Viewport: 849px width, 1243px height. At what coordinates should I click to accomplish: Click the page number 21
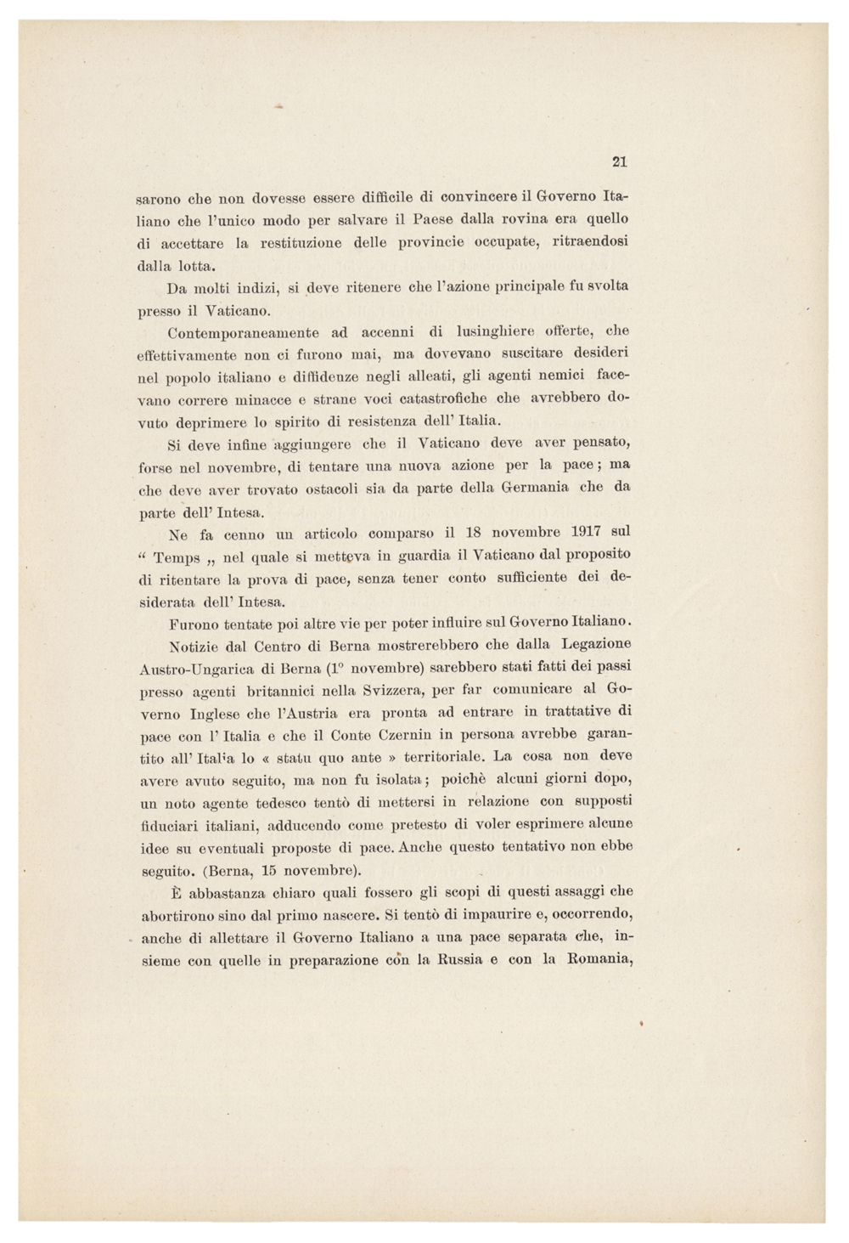(x=619, y=161)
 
